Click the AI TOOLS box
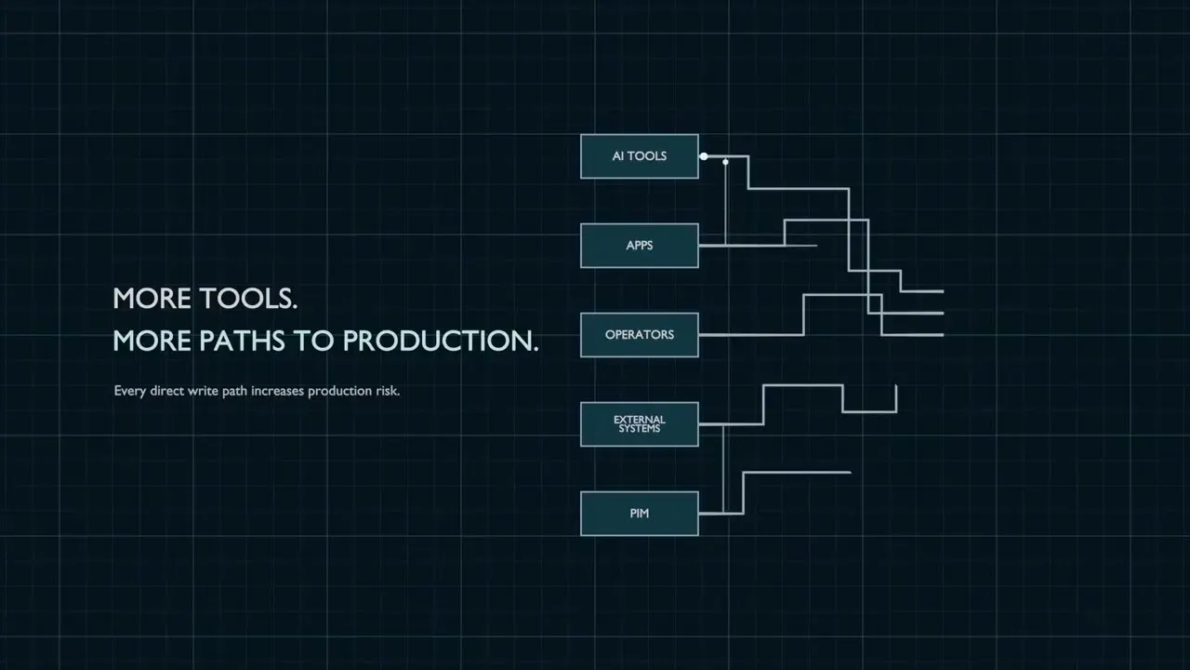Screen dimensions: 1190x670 pyautogui.click(x=639, y=156)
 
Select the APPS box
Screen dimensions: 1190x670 pyautogui.click(x=639, y=246)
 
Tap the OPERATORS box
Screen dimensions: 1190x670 pyautogui.click(x=639, y=335)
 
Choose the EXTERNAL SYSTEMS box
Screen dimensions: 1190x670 pyautogui.click(x=639, y=424)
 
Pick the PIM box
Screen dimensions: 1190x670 pyautogui.click(x=639, y=514)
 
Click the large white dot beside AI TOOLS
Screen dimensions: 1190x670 pyautogui.click(x=704, y=156)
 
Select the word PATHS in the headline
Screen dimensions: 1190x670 pyautogui.click(x=243, y=341)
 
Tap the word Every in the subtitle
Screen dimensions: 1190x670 pyautogui.click(x=129, y=392)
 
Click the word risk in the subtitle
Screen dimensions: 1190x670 pyautogui.click(x=388, y=391)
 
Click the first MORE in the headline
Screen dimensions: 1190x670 pyautogui.click(x=152, y=299)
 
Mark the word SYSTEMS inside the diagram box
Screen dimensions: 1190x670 pyautogui.click(x=639, y=429)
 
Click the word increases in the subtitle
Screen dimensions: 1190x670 pyautogui.click(x=277, y=391)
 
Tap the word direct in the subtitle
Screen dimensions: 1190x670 pyautogui.click(x=166, y=391)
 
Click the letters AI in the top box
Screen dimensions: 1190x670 pyautogui.click(x=618, y=156)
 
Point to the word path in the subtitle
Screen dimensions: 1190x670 pyautogui.click(x=234, y=392)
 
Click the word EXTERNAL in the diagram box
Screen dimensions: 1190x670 pyautogui.click(x=639, y=420)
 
